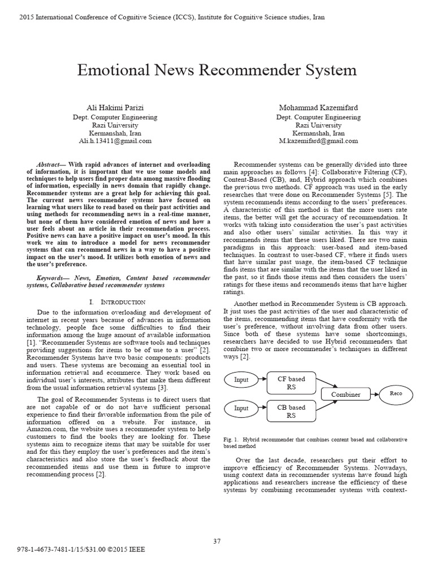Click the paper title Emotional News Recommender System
pyautogui.click(x=216, y=71)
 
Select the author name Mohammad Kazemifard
pyautogui.click(x=318, y=108)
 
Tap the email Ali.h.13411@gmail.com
pyautogui.click(x=115, y=141)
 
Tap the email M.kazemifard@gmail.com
pyautogui.click(x=318, y=141)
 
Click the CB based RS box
pyautogui.click(x=290, y=411)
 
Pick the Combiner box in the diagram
pyautogui.click(x=346, y=395)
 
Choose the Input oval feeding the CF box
pyautogui.click(x=241, y=380)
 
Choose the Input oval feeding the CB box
pyautogui.click(x=241, y=408)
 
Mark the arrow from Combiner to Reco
pyautogui.click(x=375, y=394)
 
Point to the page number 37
pyautogui.click(x=216, y=541)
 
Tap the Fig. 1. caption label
pyautogui.click(x=232, y=439)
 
